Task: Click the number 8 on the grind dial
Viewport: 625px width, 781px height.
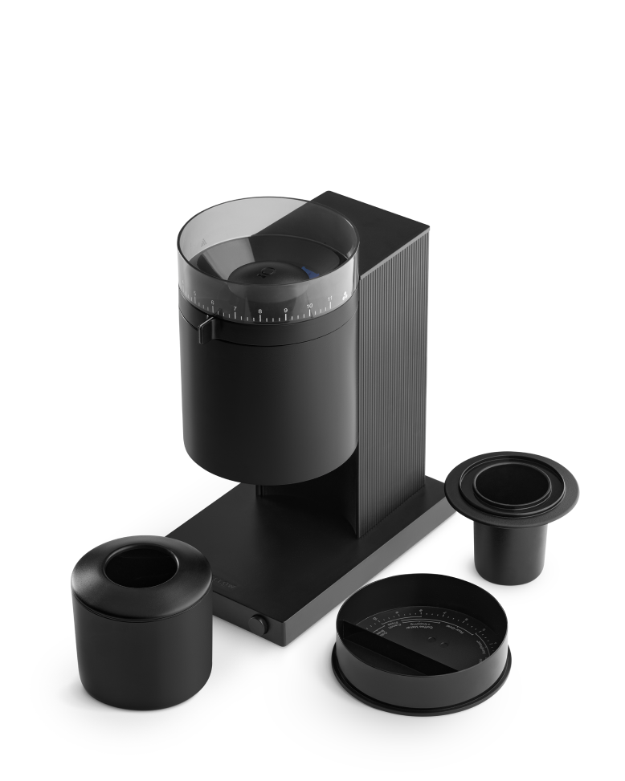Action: click(259, 311)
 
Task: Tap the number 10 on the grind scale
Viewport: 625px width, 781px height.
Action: click(309, 305)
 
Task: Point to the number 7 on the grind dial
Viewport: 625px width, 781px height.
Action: click(235, 308)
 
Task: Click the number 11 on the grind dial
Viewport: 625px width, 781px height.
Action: click(329, 299)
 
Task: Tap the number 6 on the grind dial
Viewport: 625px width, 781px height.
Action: click(212, 303)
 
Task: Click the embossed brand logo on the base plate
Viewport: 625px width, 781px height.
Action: click(220, 576)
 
